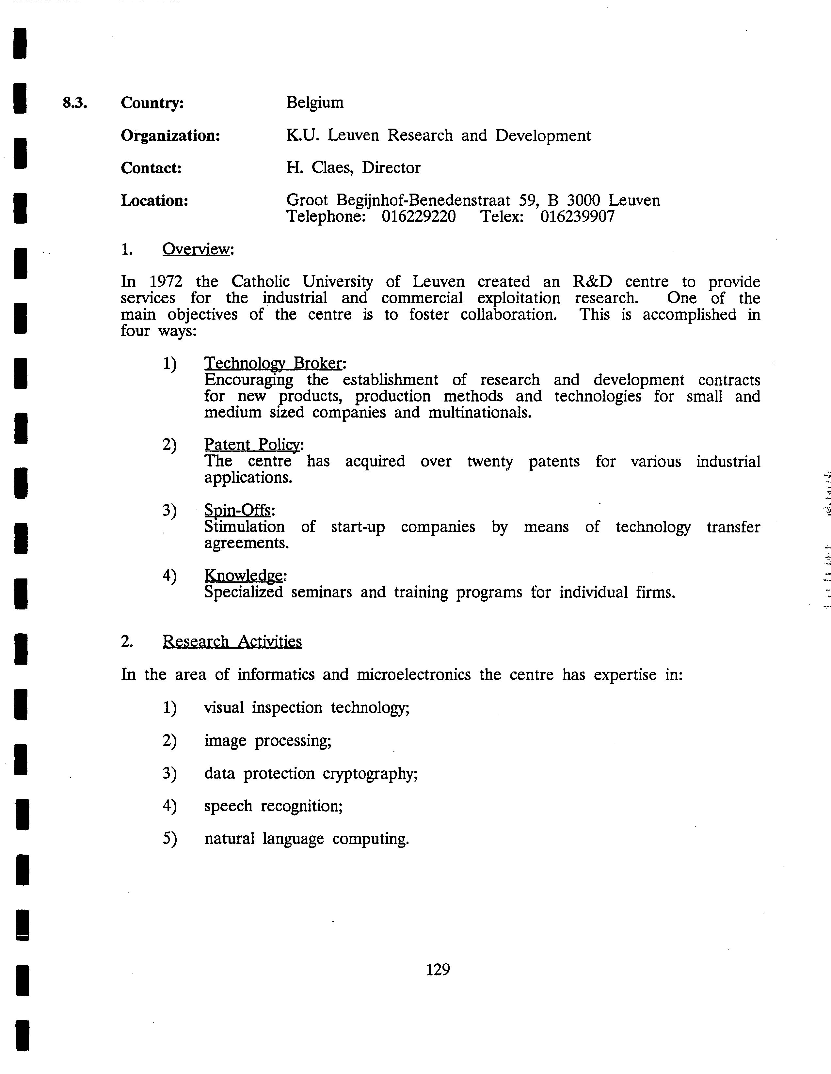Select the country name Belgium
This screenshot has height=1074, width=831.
[x=315, y=103]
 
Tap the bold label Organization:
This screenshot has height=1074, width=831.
[x=170, y=136]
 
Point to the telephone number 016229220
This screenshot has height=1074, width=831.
[x=419, y=217]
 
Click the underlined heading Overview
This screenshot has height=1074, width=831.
[x=196, y=249]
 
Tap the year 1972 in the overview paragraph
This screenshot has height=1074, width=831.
[x=166, y=282]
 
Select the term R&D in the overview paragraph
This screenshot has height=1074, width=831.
[x=592, y=282]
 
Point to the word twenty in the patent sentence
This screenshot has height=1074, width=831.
[x=489, y=462]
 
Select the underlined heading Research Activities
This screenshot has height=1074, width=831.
[x=232, y=642]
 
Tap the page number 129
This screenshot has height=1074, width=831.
[x=438, y=969]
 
